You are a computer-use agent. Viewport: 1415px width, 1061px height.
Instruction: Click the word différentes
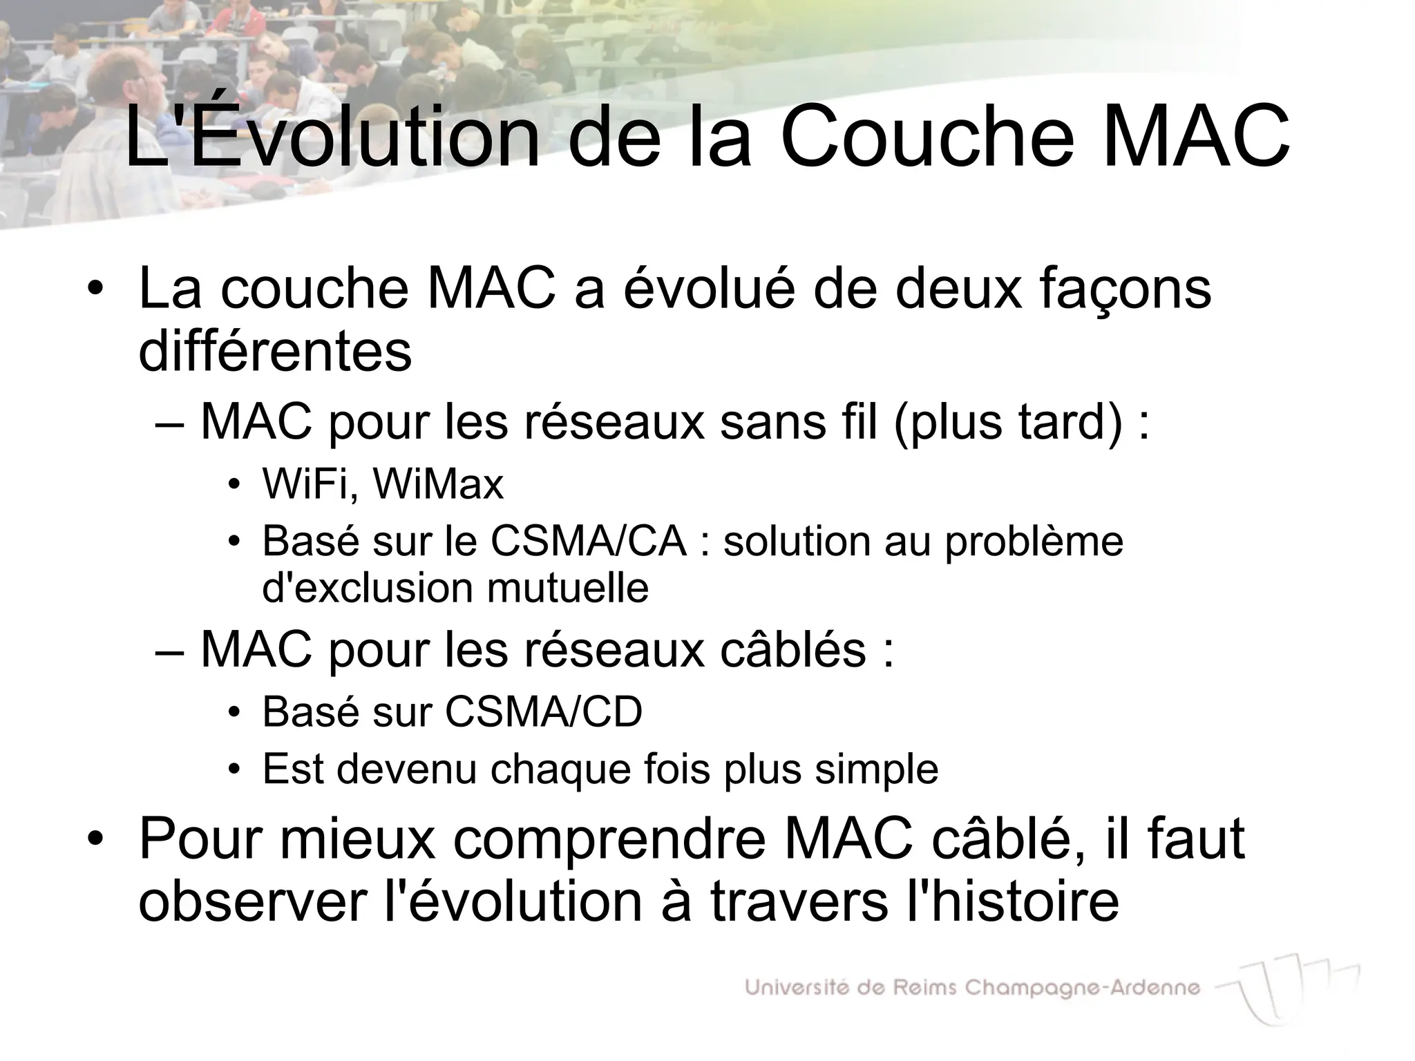[275, 351]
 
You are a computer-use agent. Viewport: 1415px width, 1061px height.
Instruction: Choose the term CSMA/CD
[544, 711]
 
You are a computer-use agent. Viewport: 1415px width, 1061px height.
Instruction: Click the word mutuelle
[567, 588]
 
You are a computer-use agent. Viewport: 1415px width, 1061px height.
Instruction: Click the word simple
[876, 769]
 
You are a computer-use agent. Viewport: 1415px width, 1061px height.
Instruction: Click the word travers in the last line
[799, 901]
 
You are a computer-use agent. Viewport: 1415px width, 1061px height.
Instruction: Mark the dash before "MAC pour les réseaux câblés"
[170, 651]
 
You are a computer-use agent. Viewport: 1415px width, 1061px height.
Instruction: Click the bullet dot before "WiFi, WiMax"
[235, 484]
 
